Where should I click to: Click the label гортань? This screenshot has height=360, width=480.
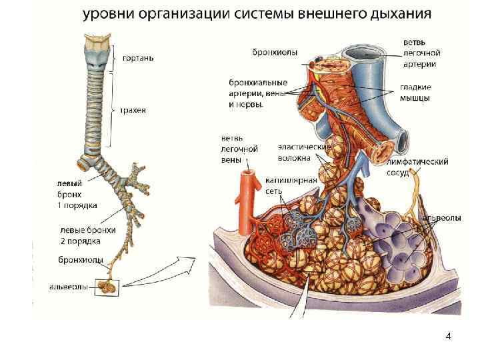click(x=138, y=58)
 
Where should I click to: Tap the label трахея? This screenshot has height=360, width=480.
click(x=133, y=110)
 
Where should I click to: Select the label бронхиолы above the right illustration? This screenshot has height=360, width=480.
click(x=275, y=52)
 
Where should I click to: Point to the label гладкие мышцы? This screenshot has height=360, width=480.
click(x=415, y=92)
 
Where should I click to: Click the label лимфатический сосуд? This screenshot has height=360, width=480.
click(x=417, y=166)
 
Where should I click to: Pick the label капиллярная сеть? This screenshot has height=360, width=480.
click(x=283, y=185)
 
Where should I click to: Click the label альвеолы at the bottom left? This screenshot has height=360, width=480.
click(x=69, y=287)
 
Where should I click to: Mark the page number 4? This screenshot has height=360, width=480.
click(x=448, y=336)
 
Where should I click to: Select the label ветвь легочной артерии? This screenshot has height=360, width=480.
click(x=420, y=53)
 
